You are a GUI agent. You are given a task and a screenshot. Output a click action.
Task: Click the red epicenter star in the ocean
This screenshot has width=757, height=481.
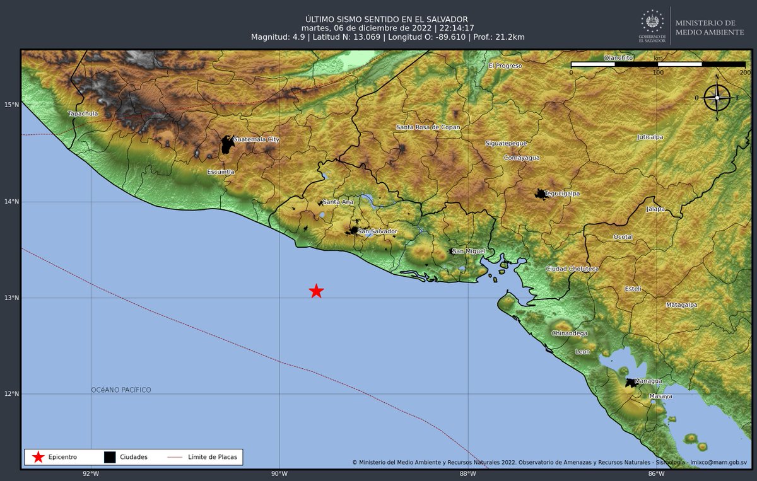(x=317, y=291)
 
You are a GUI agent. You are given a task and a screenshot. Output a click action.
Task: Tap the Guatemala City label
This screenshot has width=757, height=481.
(x=255, y=139)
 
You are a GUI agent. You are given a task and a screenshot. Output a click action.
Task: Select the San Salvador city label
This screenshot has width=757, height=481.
(x=377, y=231)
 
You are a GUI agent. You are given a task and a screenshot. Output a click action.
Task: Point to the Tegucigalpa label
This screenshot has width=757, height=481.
(x=563, y=194)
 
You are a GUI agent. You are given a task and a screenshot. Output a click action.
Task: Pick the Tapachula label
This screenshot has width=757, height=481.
(x=83, y=113)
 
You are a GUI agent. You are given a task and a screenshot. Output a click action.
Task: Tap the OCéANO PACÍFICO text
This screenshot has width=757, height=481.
(x=121, y=390)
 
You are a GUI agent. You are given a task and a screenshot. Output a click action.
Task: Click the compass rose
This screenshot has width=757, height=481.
(x=717, y=98)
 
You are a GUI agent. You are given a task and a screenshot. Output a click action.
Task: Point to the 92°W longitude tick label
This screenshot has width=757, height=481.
(x=91, y=474)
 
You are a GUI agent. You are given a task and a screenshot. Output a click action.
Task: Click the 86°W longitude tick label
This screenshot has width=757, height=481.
(x=656, y=474)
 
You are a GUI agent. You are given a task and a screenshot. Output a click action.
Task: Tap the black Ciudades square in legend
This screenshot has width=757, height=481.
(x=110, y=457)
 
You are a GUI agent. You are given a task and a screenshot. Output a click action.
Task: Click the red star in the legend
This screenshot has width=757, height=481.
(x=38, y=457)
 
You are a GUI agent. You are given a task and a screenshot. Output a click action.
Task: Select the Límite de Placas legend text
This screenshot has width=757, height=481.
(x=213, y=457)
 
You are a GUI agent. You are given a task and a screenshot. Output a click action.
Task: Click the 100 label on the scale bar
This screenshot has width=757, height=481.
(x=658, y=73)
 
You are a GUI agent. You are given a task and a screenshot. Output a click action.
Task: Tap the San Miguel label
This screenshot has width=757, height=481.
(x=468, y=252)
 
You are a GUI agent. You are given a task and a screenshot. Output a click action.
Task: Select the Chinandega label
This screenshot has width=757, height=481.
(x=569, y=333)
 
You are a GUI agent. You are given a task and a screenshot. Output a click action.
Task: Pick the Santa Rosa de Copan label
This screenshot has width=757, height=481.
(x=428, y=127)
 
